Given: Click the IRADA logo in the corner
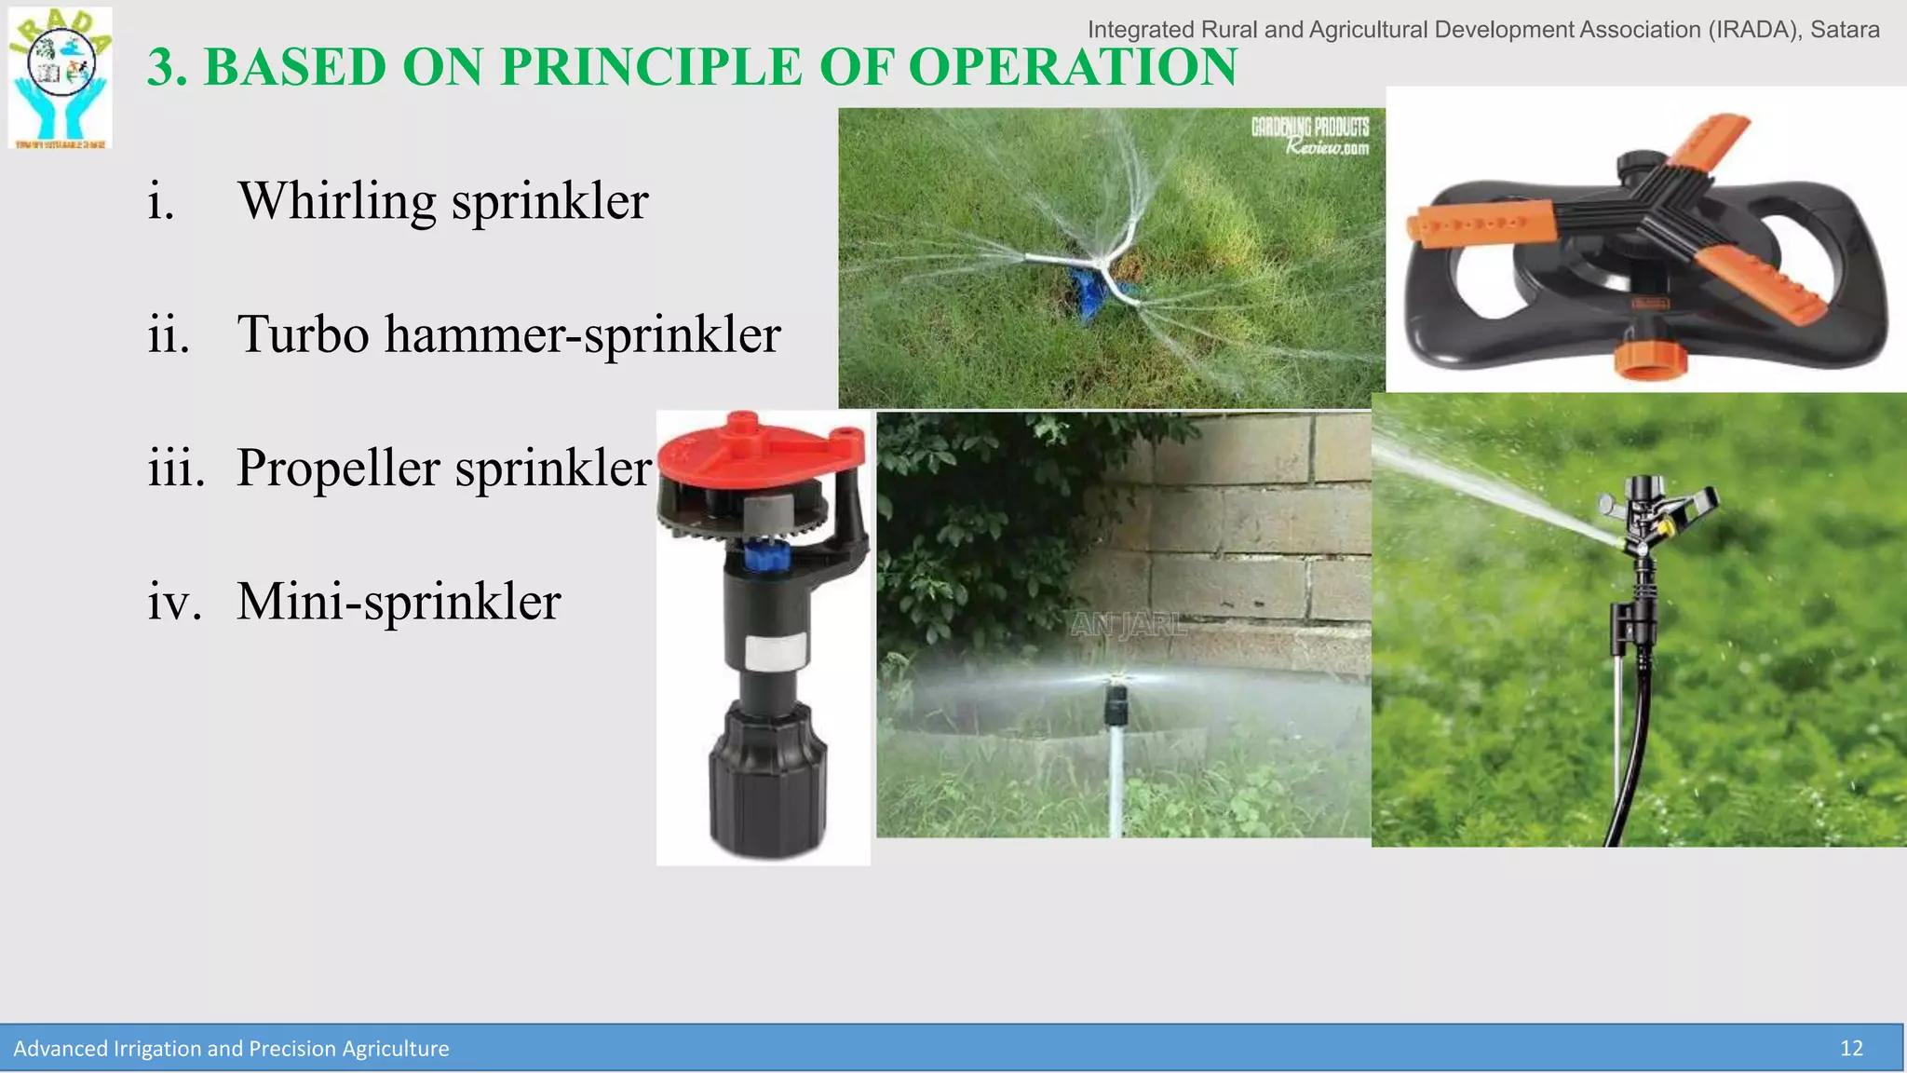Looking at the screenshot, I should (61, 78).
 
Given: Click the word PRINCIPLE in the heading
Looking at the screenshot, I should (650, 67).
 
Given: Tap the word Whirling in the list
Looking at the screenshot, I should (337, 201).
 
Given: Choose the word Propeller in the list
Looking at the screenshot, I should (337, 469).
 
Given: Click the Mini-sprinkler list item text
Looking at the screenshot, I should (399, 601).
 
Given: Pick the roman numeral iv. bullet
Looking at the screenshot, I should (174, 601).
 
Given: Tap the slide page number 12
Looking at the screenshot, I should (1851, 1048).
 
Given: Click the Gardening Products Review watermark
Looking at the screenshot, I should (1310, 136).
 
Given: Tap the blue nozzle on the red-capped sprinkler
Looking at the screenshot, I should (769, 557).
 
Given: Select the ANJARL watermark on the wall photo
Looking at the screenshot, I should (1129, 624).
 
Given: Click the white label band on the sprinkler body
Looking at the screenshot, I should (775, 653).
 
